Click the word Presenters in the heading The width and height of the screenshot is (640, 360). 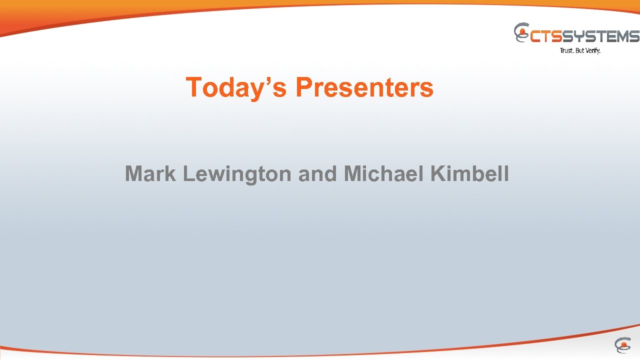coord(364,87)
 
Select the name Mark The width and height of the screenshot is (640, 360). coord(150,174)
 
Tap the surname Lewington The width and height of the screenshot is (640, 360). coord(236,174)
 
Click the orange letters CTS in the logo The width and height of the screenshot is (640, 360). coord(546,36)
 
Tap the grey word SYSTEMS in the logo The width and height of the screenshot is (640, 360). coord(601,36)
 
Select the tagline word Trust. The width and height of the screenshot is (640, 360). coord(566,50)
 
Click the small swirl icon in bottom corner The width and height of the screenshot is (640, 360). coord(622,345)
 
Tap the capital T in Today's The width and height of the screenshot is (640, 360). coord(193,87)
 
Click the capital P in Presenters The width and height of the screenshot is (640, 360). coord(303,87)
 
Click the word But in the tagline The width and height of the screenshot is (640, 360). coord(579,50)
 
